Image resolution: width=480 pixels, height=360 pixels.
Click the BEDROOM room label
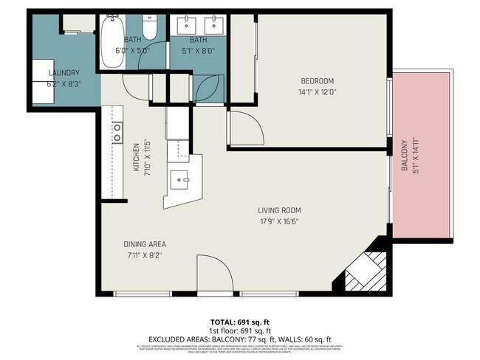[x=317, y=80]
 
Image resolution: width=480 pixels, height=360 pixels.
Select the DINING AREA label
[x=144, y=244]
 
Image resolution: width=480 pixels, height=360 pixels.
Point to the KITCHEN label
[x=137, y=157]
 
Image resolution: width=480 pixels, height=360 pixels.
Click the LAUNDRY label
[x=64, y=73]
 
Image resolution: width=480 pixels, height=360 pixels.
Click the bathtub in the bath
[x=113, y=41]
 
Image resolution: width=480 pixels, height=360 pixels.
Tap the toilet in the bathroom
[x=148, y=28]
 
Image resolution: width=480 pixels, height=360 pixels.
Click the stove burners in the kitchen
[x=117, y=132]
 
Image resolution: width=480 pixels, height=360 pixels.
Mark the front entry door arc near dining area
[x=213, y=274]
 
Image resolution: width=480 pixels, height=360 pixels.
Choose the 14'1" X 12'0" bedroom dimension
[x=317, y=92]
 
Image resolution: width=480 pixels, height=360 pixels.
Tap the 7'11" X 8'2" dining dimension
[x=144, y=255]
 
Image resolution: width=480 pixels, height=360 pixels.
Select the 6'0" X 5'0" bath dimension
[x=132, y=51]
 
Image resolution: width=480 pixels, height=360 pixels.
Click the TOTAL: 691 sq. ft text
[x=239, y=322]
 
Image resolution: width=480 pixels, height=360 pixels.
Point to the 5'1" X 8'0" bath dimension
[x=198, y=51]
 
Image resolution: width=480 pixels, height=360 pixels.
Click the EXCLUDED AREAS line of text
[x=239, y=339]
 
